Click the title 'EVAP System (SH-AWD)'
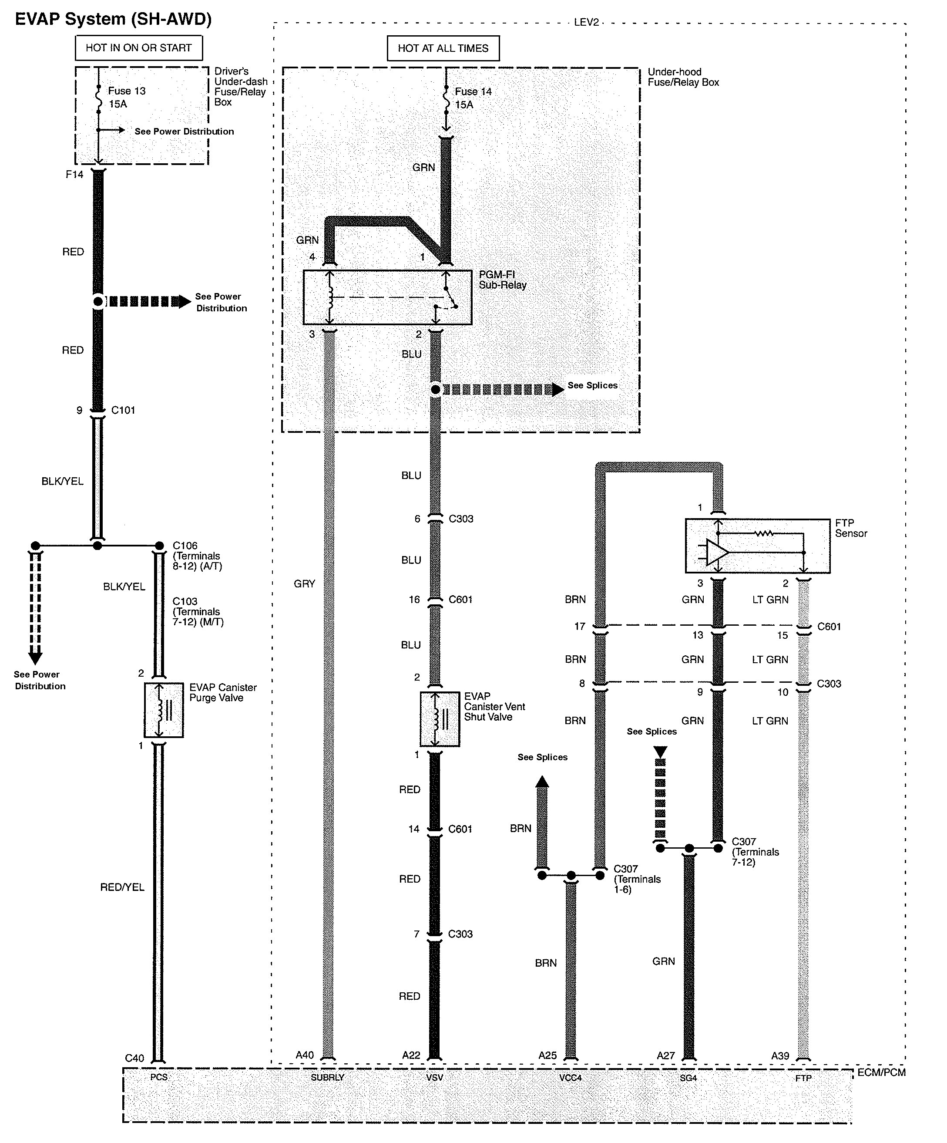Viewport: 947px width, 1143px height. point(113,19)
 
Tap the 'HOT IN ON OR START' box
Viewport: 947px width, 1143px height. point(139,48)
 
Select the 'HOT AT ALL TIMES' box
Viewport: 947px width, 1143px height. point(443,48)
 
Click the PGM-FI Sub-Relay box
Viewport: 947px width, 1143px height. point(387,297)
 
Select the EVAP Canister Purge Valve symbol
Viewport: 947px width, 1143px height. point(164,710)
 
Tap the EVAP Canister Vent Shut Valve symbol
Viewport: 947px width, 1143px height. point(440,719)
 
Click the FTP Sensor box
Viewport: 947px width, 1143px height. point(757,546)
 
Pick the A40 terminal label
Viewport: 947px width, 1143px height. point(305,1055)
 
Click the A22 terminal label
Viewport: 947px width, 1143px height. point(411,1055)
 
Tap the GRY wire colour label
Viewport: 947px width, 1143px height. point(305,583)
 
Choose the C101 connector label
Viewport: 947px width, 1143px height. point(124,410)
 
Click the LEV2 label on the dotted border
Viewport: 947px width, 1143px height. point(586,22)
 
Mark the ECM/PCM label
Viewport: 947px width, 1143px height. point(882,1072)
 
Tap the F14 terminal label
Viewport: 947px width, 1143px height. point(74,174)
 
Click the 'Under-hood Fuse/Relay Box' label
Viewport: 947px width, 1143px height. point(683,77)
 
